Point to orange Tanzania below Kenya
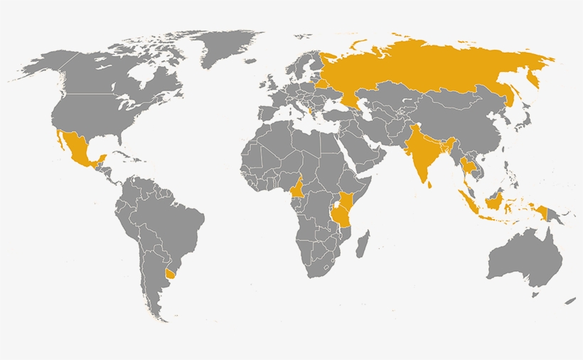pyautogui.click(x=342, y=217)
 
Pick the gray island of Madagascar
pyautogui.click(x=363, y=242)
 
